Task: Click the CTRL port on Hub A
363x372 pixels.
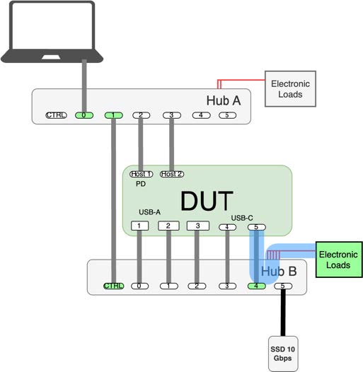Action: (x=57, y=115)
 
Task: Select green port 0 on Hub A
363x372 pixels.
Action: (x=84, y=115)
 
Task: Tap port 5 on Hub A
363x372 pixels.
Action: (x=227, y=115)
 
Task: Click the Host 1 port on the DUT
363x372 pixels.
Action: (x=142, y=174)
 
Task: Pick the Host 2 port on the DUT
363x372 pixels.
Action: (x=172, y=174)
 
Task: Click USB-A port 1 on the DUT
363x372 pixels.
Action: (x=140, y=226)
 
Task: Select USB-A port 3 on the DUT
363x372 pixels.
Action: (x=198, y=226)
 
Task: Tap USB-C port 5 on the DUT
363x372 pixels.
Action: (x=257, y=227)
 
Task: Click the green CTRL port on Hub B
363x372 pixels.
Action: (x=114, y=286)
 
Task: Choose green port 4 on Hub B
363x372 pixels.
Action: (x=257, y=286)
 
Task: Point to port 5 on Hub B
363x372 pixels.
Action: (x=283, y=286)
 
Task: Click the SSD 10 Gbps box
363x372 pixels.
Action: (x=283, y=354)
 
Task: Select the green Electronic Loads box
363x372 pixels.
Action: (x=339, y=260)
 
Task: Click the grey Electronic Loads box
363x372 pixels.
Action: (x=290, y=88)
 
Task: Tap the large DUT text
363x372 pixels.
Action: (x=207, y=201)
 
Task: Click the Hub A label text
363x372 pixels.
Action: (x=224, y=100)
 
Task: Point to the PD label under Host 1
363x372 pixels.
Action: (x=141, y=184)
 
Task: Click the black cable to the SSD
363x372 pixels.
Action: (x=283, y=313)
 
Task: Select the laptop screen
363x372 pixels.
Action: (x=52, y=26)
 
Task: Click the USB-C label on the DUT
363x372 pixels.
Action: (x=242, y=218)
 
